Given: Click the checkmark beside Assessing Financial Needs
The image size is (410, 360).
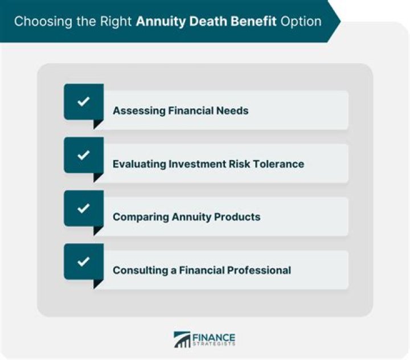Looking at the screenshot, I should click(x=84, y=102).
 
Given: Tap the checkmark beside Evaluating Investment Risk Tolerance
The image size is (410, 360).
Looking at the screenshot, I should click(x=84, y=155).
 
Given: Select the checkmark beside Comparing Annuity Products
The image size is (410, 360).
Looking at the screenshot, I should click(x=84, y=208).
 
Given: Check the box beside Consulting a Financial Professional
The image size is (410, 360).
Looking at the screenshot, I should click(x=84, y=262).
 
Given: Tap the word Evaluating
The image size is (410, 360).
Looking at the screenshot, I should click(x=139, y=164).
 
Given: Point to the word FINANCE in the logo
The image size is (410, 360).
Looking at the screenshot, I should click(x=214, y=337).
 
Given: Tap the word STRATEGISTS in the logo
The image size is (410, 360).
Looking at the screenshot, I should click(x=214, y=345).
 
